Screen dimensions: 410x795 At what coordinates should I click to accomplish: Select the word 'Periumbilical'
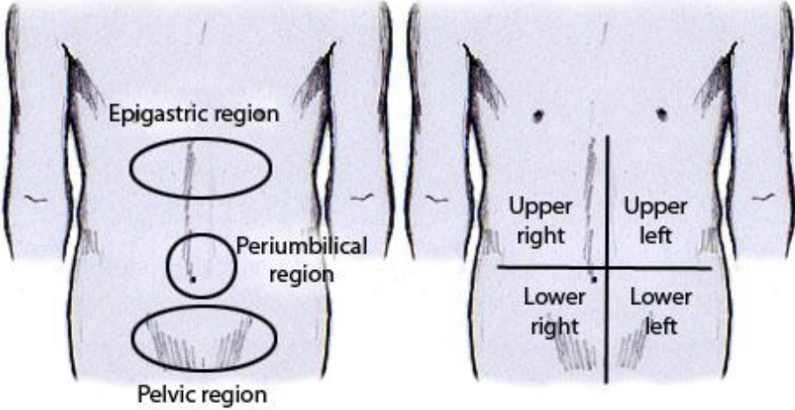pos(302,247)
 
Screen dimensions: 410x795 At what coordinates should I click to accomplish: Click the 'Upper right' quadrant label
pos(541,221)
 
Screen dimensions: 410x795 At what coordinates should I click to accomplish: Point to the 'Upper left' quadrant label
pos(655,221)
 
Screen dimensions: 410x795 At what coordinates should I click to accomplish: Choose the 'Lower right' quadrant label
pos(554,311)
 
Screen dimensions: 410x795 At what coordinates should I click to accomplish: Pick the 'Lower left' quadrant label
pos(660,311)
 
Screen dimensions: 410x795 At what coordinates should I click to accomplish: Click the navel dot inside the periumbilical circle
pos(193,279)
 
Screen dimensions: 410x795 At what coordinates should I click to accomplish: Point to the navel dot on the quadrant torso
pos(595,279)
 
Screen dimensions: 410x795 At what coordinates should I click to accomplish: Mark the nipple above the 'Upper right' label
pos(536,115)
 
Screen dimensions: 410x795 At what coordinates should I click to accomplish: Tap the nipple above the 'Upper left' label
pos(660,114)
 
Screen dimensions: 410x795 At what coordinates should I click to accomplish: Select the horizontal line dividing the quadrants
pos(668,267)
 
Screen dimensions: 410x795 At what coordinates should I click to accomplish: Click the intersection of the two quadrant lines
pos(606,267)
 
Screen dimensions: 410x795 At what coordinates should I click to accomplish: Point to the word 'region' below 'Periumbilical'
pos(302,274)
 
